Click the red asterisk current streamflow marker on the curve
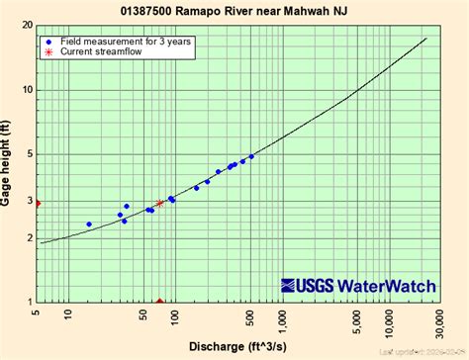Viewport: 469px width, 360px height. [x=159, y=203]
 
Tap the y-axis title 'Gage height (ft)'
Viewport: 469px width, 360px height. [x=8, y=163]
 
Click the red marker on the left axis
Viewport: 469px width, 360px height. [x=38, y=203]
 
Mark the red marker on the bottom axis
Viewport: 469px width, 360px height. [x=159, y=302]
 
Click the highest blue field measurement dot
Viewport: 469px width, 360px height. [x=251, y=156]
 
